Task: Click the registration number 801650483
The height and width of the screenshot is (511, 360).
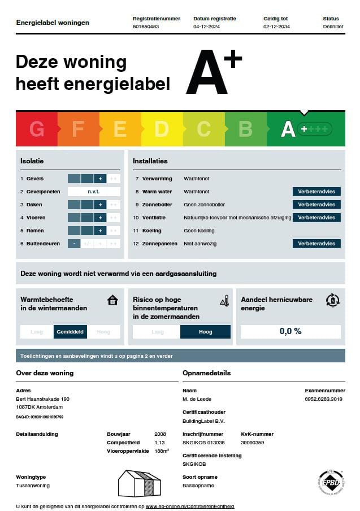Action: (x=145, y=27)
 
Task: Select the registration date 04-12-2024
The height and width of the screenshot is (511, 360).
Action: (x=207, y=27)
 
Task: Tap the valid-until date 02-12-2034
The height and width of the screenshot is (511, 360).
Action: (x=276, y=27)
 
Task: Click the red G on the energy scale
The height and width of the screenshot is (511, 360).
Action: (x=37, y=129)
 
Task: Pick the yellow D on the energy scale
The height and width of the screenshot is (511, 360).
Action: (x=162, y=129)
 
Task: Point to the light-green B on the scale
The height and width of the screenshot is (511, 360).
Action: (x=245, y=129)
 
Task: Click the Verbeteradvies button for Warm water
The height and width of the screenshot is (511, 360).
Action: (x=316, y=192)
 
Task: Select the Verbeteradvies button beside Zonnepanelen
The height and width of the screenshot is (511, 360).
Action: (x=316, y=244)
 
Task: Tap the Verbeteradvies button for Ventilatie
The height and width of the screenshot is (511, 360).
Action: (x=316, y=218)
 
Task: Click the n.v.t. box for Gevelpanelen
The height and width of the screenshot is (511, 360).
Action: (x=94, y=192)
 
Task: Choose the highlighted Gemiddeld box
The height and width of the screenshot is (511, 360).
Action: (x=70, y=332)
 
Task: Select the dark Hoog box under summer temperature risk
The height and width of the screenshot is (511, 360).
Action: (x=205, y=332)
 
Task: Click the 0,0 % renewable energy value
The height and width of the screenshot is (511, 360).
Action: (x=290, y=331)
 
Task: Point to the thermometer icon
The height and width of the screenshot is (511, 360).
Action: (x=225, y=300)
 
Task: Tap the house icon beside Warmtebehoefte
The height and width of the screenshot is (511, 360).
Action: (x=112, y=300)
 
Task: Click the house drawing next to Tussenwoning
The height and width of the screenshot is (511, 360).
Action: (x=139, y=483)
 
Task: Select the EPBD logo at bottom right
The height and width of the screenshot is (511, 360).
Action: (x=331, y=482)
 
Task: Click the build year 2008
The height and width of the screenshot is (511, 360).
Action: (x=160, y=434)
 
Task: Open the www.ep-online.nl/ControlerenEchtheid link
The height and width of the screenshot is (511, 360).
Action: (x=190, y=506)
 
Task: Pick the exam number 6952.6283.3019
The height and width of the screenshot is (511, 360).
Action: (x=323, y=399)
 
